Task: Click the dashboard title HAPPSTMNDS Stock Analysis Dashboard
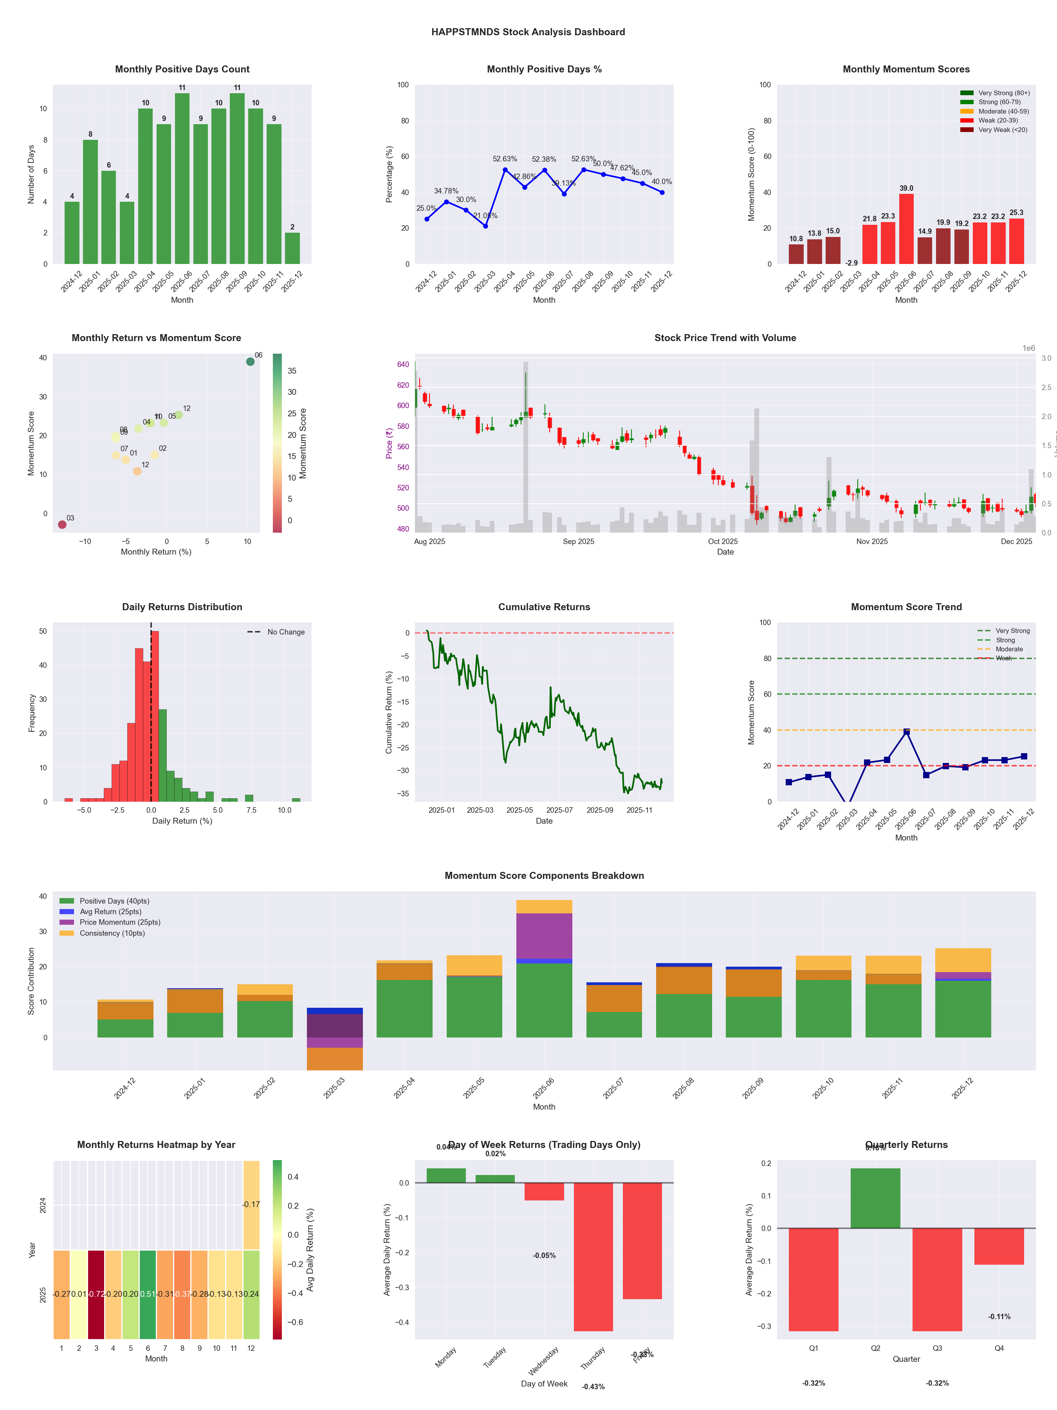point(528,32)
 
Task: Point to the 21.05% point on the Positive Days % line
point(485,226)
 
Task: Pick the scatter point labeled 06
point(251,362)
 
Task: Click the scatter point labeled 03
point(62,524)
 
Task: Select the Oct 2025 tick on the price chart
point(723,542)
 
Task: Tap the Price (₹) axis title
point(389,443)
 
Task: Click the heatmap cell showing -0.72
point(96,1294)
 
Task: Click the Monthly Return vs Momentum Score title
point(156,338)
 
